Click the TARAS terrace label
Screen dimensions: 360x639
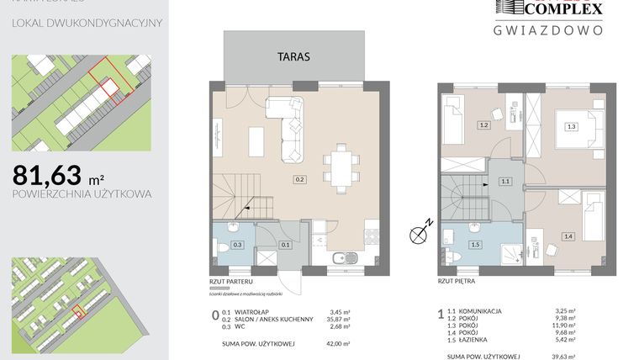click(x=294, y=58)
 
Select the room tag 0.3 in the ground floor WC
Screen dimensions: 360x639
click(x=238, y=245)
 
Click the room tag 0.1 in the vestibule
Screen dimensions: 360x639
click(x=284, y=245)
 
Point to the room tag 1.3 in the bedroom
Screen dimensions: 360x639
click(x=571, y=127)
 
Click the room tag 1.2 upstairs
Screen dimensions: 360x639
click(x=483, y=126)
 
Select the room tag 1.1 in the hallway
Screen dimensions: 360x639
click(x=505, y=181)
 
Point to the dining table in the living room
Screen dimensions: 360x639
click(x=341, y=165)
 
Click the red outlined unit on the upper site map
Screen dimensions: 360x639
click(x=106, y=86)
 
